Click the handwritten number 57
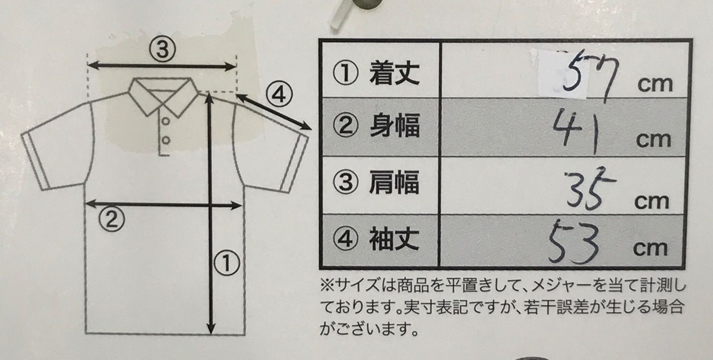click(x=589, y=76)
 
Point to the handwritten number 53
click(x=573, y=244)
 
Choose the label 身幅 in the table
click(x=395, y=126)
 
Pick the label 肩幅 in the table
click(x=394, y=182)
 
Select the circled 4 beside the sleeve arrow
click(x=279, y=95)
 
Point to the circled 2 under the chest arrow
click(x=111, y=219)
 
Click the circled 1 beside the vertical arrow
click(x=227, y=263)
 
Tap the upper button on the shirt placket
click(x=165, y=121)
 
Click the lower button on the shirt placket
click(x=165, y=140)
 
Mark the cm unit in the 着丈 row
click(x=655, y=84)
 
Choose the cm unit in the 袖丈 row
click(x=650, y=249)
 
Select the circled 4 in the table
click(x=346, y=240)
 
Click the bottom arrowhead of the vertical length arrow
click(x=211, y=328)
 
